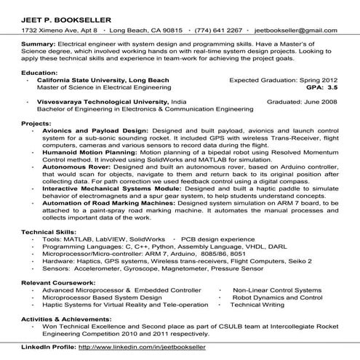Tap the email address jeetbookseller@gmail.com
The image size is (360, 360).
pos(296,31)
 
